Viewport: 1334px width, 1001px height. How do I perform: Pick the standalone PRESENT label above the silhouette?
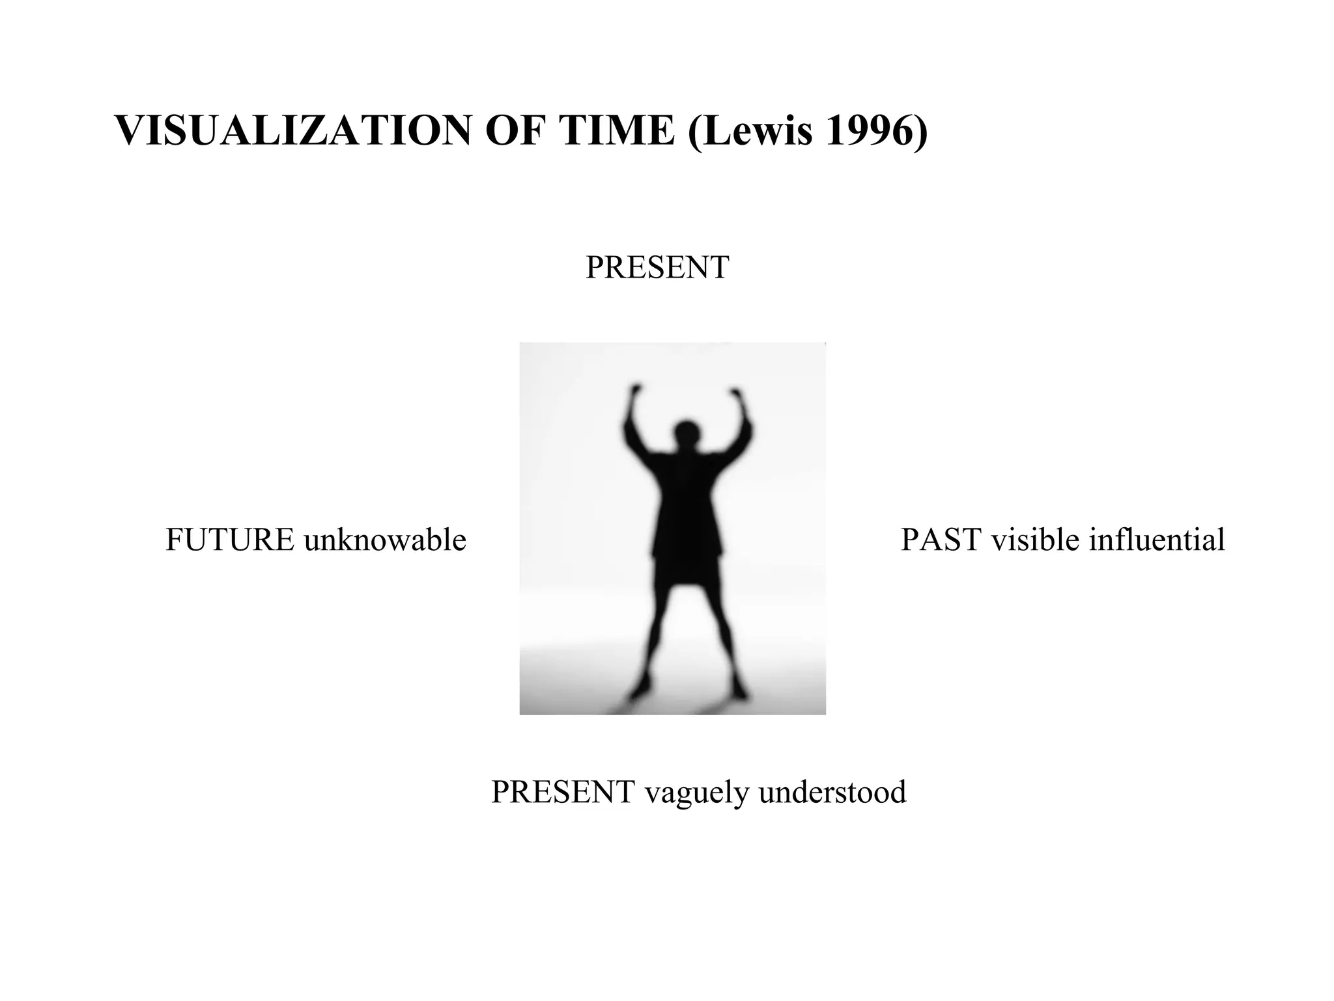click(657, 267)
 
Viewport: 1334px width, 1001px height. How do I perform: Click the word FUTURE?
click(229, 540)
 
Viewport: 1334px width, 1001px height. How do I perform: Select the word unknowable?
click(385, 540)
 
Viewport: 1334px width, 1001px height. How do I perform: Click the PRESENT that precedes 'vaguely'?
click(563, 792)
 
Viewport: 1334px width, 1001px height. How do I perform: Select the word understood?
click(832, 792)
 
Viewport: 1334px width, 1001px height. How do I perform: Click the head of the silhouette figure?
click(685, 433)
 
